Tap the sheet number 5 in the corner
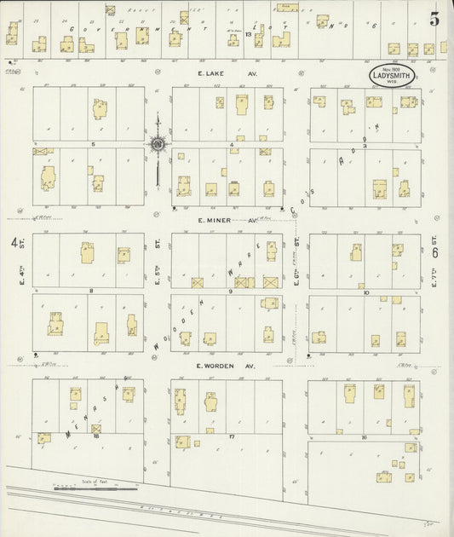click(434, 20)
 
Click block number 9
click(230, 292)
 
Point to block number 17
click(230, 435)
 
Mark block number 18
click(96, 435)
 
